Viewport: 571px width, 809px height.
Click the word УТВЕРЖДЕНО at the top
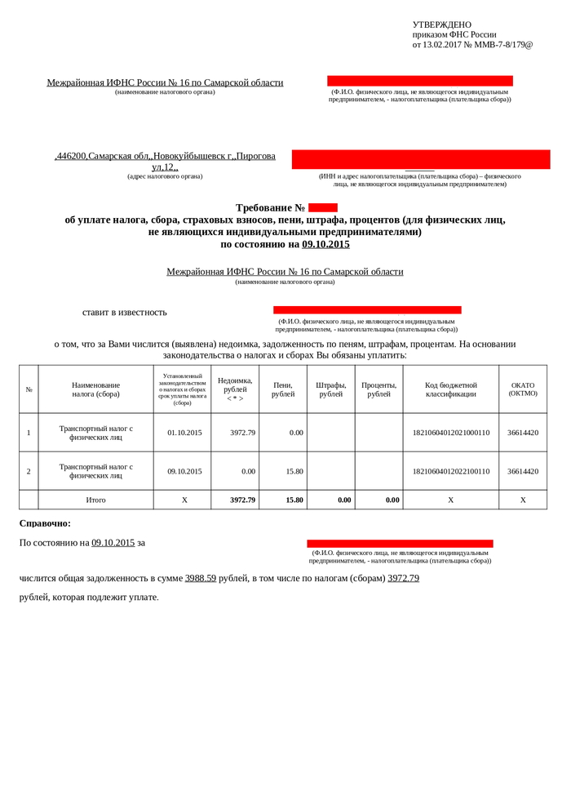pos(441,25)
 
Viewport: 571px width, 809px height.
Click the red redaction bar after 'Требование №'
pos(323,208)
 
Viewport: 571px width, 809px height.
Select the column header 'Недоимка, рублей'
pos(235,389)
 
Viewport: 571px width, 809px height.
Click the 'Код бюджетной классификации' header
pos(451,389)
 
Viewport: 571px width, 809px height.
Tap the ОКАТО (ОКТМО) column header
pos(523,389)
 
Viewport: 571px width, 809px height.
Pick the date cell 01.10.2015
pos(184,433)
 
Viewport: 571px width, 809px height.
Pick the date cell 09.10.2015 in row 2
pos(184,471)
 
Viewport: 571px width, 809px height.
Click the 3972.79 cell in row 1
pos(243,433)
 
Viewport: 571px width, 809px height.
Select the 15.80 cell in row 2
pos(294,471)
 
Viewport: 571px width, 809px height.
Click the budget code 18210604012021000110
pos(451,433)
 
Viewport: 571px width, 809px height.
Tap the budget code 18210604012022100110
pos(451,471)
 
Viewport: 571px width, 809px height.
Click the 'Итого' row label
pos(95,500)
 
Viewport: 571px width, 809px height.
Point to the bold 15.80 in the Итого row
pos(294,500)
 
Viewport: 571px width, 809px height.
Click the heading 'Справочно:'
pos(45,523)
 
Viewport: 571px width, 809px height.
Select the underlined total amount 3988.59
pos(201,578)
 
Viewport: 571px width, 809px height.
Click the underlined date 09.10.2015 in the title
pos(325,244)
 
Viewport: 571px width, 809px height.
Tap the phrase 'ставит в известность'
pos(124,312)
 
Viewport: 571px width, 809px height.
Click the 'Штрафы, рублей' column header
pos(331,389)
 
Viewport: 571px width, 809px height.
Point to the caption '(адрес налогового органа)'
pos(165,176)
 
